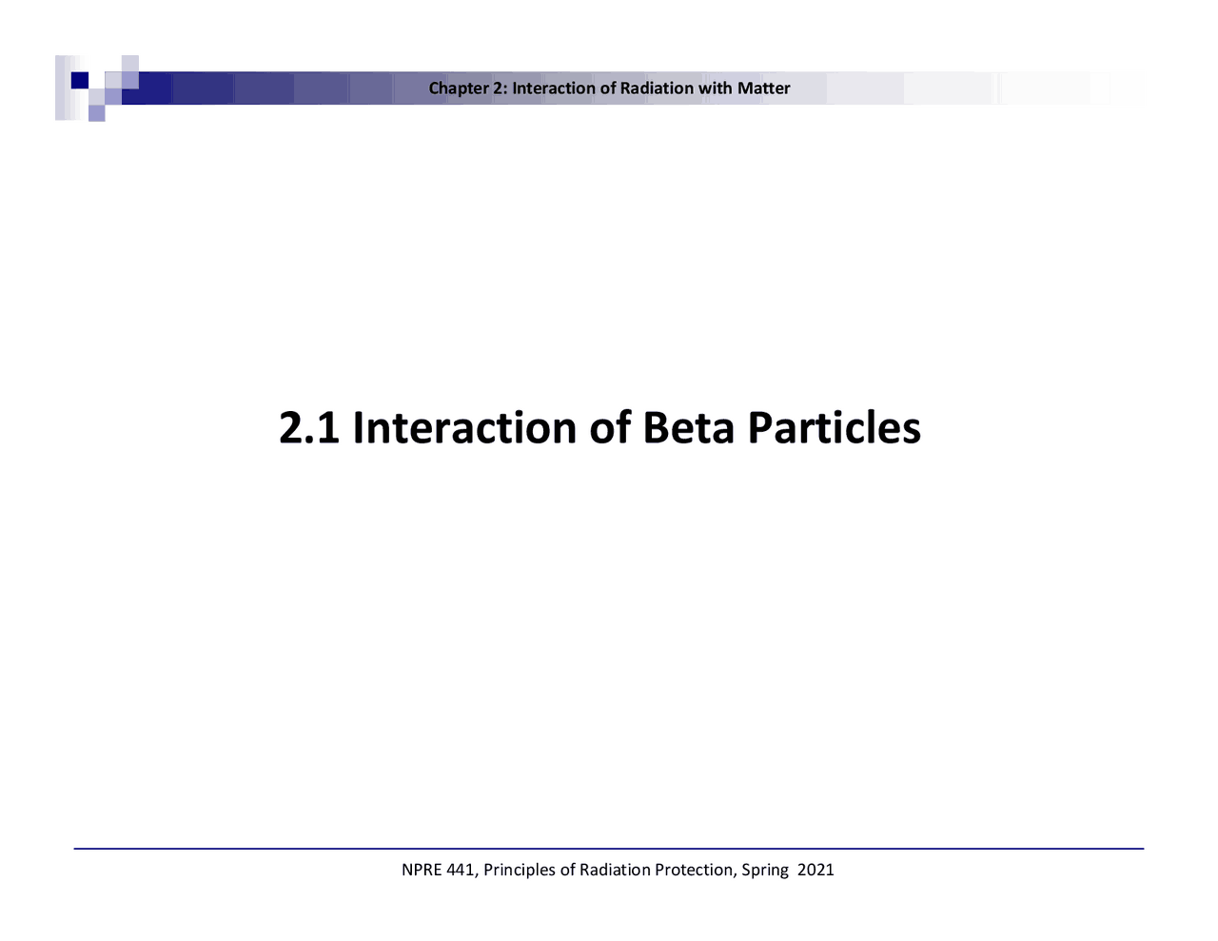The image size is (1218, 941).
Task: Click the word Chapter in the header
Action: tap(459, 88)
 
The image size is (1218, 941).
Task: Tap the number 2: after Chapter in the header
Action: tap(501, 88)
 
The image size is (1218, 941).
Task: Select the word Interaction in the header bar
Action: tap(555, 88)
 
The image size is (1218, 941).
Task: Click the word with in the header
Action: tap(716, 88)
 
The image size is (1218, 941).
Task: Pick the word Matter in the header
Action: tap(763, 88)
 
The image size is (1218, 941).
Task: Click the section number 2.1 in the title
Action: tap(309, 428)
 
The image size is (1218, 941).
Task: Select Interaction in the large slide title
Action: tap(464, 428)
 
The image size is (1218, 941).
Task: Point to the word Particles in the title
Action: tap(834, 428)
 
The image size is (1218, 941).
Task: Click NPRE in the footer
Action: tap(422, 870)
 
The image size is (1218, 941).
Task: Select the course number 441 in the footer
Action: tap(462, 870)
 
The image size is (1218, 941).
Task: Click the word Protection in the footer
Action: tap(696, 870)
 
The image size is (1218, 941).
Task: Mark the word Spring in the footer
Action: tap(765, 870)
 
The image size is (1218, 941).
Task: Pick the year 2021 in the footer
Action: tap(815, 870)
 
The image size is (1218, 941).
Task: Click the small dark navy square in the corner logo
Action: tap(80, 80)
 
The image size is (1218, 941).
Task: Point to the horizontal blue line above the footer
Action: tap(609, 849)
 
